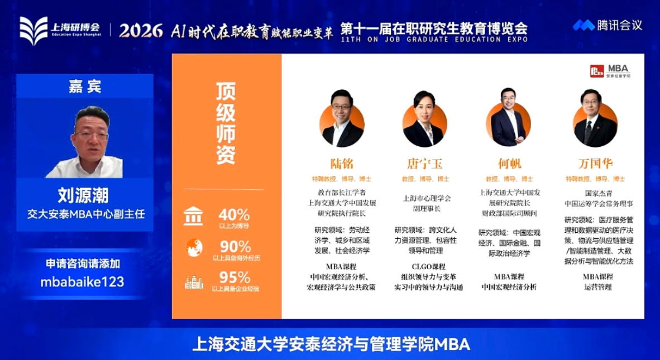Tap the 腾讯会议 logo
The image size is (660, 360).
tap(608, 26)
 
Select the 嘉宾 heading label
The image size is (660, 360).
tap(85, 87)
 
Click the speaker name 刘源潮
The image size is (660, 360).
tap(83, 195)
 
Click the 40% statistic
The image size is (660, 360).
tap(235, 215)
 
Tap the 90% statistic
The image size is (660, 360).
tap(235, 247)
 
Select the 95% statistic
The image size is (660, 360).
tap(235, 277)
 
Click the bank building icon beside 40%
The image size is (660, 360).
tap(193, 217)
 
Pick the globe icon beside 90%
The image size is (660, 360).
tap(194, 247)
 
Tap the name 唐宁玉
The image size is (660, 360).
tap(424, 164)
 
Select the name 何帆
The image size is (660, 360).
tap(509, 164)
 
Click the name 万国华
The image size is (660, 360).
tap(595, 164)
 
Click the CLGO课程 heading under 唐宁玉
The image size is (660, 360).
tap(428, 267)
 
